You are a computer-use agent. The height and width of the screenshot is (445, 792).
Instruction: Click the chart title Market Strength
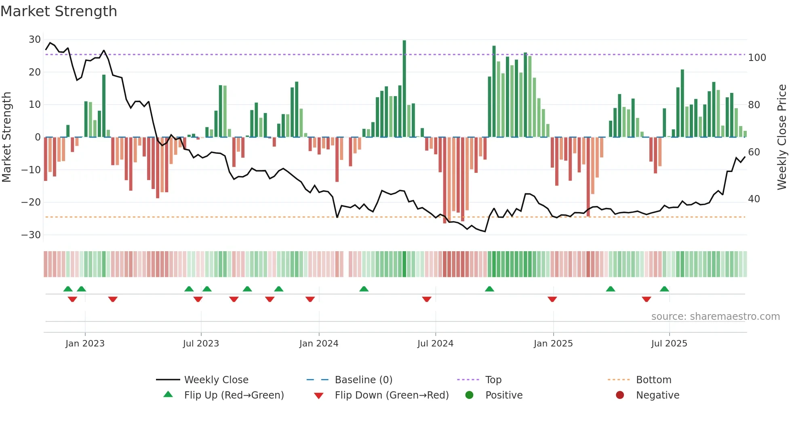pyautogui.click(x=59, y=11)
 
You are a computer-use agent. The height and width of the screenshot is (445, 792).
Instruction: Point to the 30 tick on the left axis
pyautogui.click(x=35, y=40)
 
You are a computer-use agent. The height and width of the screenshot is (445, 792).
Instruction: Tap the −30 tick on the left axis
pyautogui.click(x=31, y=235)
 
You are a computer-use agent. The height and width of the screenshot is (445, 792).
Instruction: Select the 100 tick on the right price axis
pyautogui.click(x=757, y=58)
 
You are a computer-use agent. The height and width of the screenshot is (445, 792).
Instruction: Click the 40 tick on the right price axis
pyautogui.click(x=754, y=199)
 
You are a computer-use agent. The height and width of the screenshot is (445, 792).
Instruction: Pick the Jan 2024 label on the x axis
pyautogui.click(x=319, y=344)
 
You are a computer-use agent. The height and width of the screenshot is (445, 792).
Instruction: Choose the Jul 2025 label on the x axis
pyautogui.click(x=669, y=344)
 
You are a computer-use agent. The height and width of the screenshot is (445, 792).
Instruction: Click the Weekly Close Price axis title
pyautogui.click(x=782, y=137)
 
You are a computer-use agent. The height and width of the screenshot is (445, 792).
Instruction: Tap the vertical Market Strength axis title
pyautogui.click(x=7, y=137)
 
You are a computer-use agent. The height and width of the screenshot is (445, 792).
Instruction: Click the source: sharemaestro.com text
pyautogui.click(x=715, y=317)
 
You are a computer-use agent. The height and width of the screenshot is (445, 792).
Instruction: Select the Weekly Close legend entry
pyautogui.click(x=216, y=380)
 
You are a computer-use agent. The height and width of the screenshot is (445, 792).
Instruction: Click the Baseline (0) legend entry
pyautogui.click(x=363, y=380)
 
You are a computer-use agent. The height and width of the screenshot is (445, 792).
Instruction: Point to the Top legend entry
pyautogui.click(x=493, y=380)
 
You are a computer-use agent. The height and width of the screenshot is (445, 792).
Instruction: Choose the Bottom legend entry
pyautogui.click(x=653, y=380)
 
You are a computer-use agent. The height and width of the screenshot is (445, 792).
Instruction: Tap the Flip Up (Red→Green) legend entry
pyautogui.click(x=234, y=395)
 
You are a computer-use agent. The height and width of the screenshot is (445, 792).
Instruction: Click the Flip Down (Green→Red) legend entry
pyautogui.click(x=391, y=395)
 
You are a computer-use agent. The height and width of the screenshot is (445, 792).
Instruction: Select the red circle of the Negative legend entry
pyautogui.click(x=620, y=395)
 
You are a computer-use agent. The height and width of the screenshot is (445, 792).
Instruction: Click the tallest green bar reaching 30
pyautogui.click(x=404, y=89)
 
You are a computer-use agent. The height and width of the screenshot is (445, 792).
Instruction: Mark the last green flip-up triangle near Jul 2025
pyautogui.click(x=664, y=289)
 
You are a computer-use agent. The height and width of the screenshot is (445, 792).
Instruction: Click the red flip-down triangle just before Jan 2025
pyautogui.click(x=552, y=299)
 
